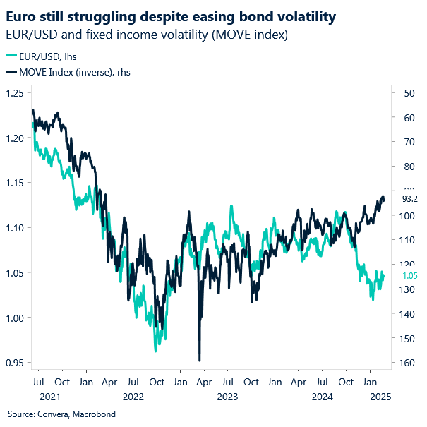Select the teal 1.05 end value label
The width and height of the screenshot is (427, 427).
pos(410,276)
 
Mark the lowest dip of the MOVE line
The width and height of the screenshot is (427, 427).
pos(200,360)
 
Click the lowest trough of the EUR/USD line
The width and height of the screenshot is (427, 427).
pos(155,351)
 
